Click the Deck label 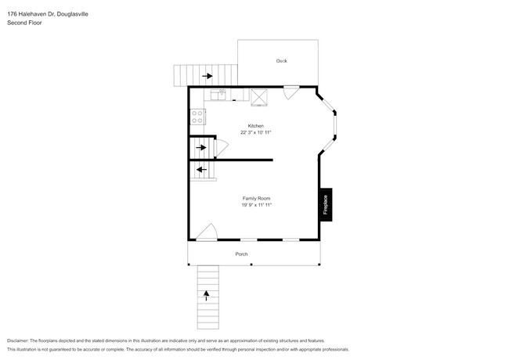click(281, 60)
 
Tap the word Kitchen click(256, 126)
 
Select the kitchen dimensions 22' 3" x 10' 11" click(256, 133)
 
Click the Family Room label click(256, 199)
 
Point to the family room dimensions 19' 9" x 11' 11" click(256, 206)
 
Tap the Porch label click(242, 254)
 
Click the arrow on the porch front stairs click(208, 296)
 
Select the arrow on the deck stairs click(208, 76)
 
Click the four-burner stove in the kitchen click(197, 117)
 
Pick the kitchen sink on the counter click(217, 96)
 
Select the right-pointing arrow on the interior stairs click(202, 147)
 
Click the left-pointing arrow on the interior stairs click(201, 169)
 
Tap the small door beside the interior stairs click(222, 146)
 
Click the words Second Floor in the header click(24, 23)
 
